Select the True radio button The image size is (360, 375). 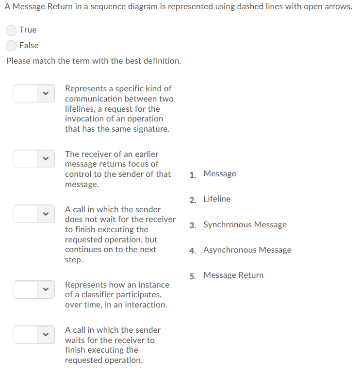tap(11, 30)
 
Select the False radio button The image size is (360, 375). tap(11, 46)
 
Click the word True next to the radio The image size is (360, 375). tap(28, 30)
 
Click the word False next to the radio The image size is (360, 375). tap(29, 46)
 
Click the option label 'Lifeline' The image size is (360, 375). tap(217, 199)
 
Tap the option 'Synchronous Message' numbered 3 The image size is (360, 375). tap(245, 225)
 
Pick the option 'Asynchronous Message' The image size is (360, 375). tap(247, 250)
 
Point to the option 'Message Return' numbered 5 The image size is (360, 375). tap(233, 275)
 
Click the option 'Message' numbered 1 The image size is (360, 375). tap(220, 174)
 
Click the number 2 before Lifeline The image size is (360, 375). tap(193, 200)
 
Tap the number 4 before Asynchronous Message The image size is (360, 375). tap(193, 251)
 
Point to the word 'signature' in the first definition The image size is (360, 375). tap(151, 129)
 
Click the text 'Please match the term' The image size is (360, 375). tap(49, 61)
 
